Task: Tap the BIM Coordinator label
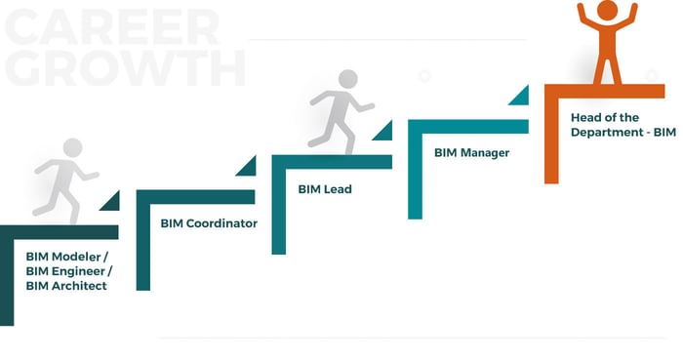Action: point(209,223)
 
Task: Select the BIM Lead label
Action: point(325,189)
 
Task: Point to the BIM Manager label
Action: point(471,153)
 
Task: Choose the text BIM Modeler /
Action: point(66,257)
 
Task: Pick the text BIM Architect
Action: point(66,286)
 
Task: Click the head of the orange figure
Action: point(607,10)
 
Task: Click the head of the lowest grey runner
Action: point(73,148)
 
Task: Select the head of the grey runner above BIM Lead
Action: point(347,79)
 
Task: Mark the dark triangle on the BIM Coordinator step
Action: point(246,167)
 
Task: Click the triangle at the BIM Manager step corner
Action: point(518,96)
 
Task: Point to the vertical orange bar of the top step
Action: point(550,137)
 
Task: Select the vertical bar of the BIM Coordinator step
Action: point(142,244)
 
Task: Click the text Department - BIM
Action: point(623,132)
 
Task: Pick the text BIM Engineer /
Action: point(69,271)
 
